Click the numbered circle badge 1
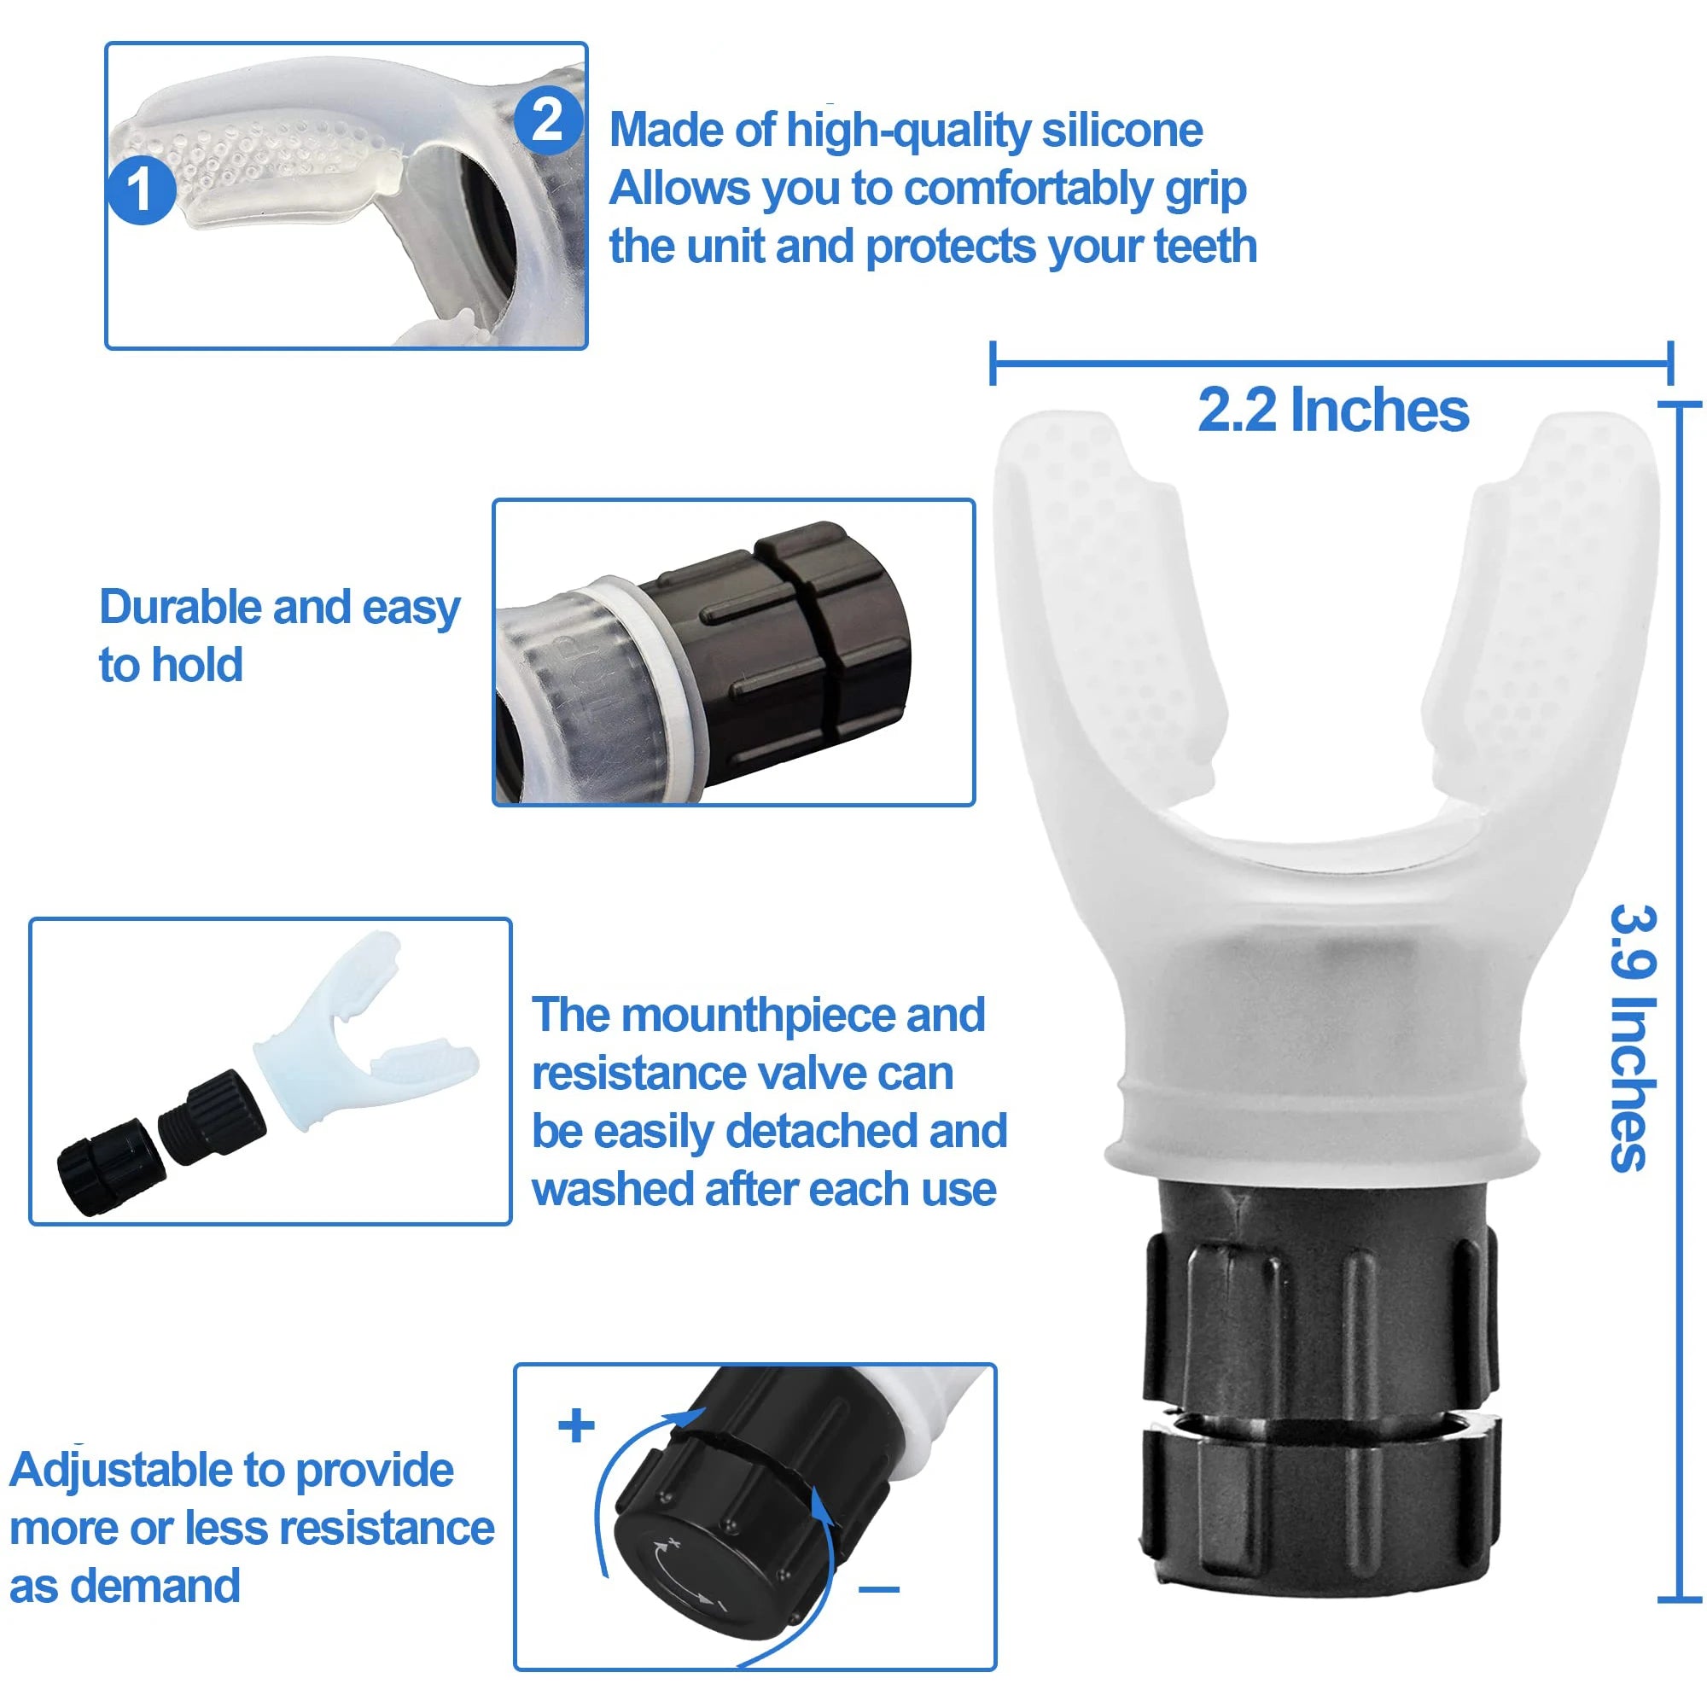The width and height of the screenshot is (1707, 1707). pyautogui.click(x=140, y=191)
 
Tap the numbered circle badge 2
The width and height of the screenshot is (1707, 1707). pyautogui.click(x=547, y=120)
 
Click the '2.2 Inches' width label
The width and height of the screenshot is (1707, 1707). pyautogui.click(x=1332, y=411)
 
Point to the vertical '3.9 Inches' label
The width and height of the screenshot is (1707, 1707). pyautogui.click(x=1631, y=1037)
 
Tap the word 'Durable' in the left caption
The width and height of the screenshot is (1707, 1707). pyautogui.click(x=181, y=608)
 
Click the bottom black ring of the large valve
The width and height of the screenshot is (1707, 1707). pyautogui.click(x=1320, y=1493)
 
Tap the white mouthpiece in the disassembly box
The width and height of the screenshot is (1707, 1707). pyautogui.click(x=353, y=1043)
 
